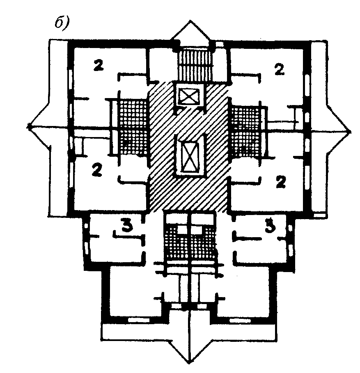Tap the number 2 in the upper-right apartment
(x=280, y=69)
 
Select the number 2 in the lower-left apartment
(x=97, y=170)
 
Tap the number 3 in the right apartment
(x=270, y=226)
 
